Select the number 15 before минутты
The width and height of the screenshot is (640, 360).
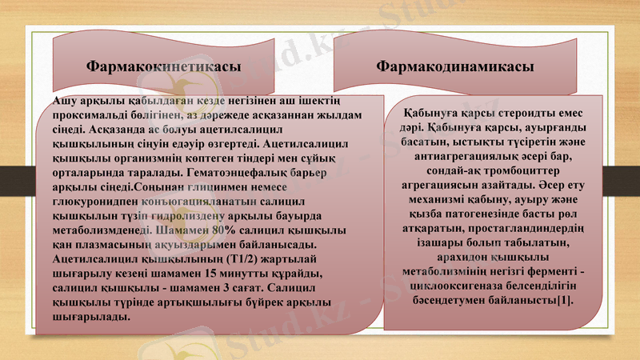(212, 273)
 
